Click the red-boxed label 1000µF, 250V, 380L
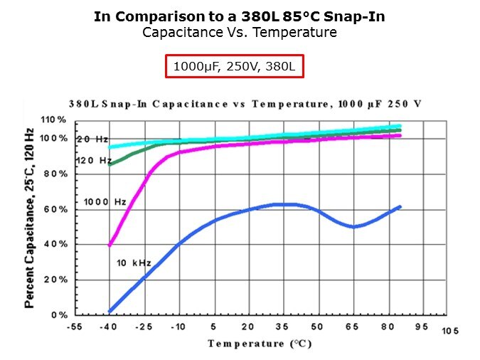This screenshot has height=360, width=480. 235,67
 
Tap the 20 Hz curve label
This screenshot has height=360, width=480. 92,139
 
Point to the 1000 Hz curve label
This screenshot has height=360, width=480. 105,202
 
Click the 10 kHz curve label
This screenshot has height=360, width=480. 134,263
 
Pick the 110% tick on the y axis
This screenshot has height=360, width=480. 53,120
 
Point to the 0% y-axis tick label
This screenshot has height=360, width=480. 58,314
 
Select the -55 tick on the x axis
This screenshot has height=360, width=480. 74,327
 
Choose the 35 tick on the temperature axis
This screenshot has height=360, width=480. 282,327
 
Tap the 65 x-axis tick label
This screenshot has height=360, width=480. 352,327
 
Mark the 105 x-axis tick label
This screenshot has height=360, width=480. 450,332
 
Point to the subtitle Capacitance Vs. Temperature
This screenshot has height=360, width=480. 240,33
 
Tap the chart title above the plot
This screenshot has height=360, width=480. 245,104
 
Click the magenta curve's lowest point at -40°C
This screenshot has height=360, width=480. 109,245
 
